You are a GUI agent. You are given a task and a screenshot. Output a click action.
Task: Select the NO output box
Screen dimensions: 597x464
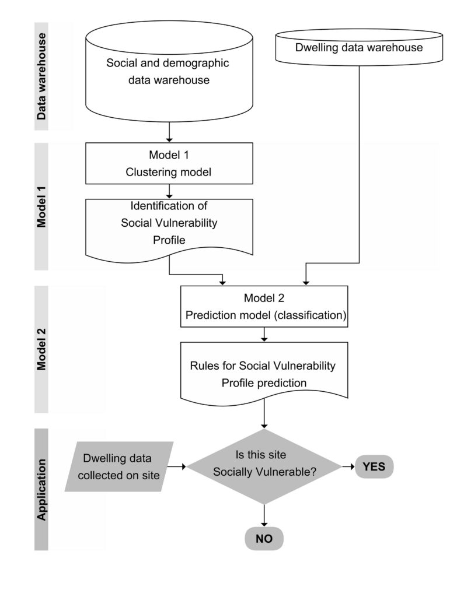tap(264, 538)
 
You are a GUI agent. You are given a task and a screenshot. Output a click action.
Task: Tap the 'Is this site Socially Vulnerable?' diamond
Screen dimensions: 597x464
tap(264, 466)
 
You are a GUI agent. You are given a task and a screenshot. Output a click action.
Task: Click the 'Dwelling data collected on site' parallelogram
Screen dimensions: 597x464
tap(120, 466)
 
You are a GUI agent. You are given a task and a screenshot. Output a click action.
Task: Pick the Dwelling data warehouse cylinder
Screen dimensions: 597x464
tap(358, 51)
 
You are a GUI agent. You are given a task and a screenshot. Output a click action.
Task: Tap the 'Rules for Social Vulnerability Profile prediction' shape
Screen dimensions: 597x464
tap(264, 373)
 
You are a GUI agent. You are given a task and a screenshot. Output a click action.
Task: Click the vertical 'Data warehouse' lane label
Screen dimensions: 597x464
tap(41, 76)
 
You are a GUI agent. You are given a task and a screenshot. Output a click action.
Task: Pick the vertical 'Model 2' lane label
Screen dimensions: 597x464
tap(41, 350)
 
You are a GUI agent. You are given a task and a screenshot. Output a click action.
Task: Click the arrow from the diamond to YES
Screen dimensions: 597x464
tap(348, 466)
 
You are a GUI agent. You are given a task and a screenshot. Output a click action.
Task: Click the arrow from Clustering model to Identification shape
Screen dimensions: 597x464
tap(169, 191)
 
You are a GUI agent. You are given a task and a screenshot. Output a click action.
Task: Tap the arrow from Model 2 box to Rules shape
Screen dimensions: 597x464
tap(264, 335)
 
